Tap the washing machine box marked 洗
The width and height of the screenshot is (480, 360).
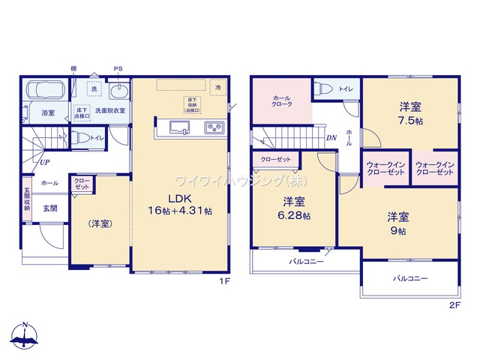coord(94,89)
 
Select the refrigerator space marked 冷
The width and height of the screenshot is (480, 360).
coord(217,88)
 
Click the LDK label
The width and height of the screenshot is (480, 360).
coord(179,198)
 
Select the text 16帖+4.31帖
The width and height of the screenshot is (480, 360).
coord(179,211)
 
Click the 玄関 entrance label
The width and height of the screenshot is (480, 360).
coord(50,208)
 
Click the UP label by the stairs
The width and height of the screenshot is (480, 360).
coord(46,161)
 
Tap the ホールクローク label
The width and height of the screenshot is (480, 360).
coord(282,101)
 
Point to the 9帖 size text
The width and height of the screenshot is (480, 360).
coord(397,231)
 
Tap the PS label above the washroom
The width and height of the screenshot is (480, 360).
coord(118,70)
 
